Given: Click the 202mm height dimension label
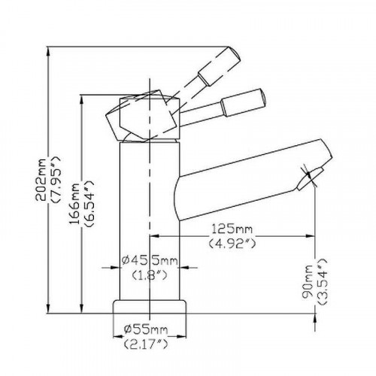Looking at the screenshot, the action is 41,179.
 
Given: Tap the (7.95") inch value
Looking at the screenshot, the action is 56,179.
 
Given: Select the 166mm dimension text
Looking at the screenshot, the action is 74,204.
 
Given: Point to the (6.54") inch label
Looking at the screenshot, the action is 89,204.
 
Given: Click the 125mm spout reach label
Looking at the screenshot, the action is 232,229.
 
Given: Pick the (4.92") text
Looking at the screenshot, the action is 232,243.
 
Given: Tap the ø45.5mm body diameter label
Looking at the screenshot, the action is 150,261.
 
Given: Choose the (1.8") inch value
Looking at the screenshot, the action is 150,276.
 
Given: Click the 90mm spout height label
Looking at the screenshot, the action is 308,281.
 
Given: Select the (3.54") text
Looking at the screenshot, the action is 322,281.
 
